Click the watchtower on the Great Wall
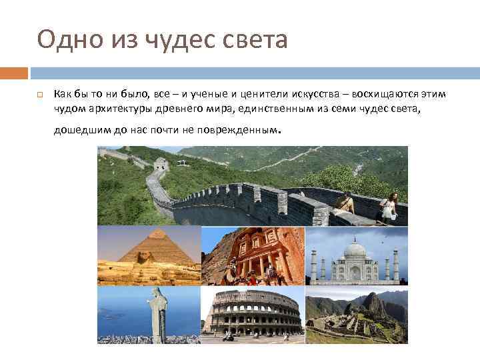[161, 163]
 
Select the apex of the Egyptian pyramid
[158, 231]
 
